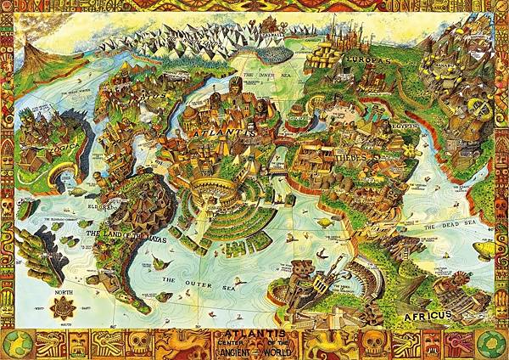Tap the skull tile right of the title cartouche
click(x=371, y=342)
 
